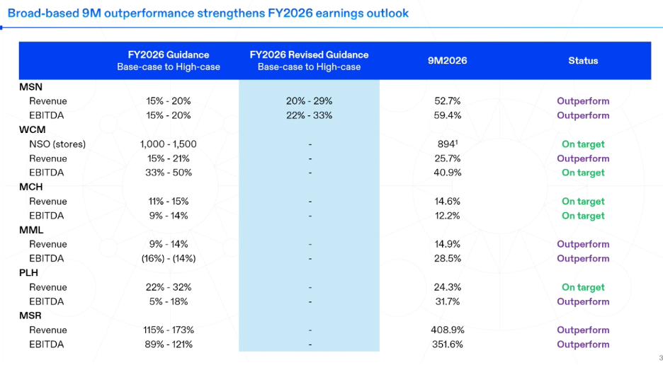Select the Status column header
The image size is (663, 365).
583,60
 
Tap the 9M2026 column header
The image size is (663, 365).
448,60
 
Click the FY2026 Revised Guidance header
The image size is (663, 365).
309,55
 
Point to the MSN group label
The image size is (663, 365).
31,87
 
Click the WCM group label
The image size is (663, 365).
32,129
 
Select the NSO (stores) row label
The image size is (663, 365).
57,144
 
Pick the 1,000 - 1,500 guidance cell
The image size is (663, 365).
169,144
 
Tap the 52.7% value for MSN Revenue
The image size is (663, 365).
448,101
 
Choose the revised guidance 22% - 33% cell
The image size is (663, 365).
309,115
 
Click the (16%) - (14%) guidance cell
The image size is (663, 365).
169,259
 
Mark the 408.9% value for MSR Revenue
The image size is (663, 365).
448,330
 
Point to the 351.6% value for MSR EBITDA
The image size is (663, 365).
448,344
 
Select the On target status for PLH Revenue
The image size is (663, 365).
583,287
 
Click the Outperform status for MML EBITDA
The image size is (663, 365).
583,259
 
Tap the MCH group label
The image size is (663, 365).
31,187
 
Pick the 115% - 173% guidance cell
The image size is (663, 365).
169,330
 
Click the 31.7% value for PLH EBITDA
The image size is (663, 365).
448,301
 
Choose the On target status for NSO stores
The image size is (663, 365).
583,144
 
